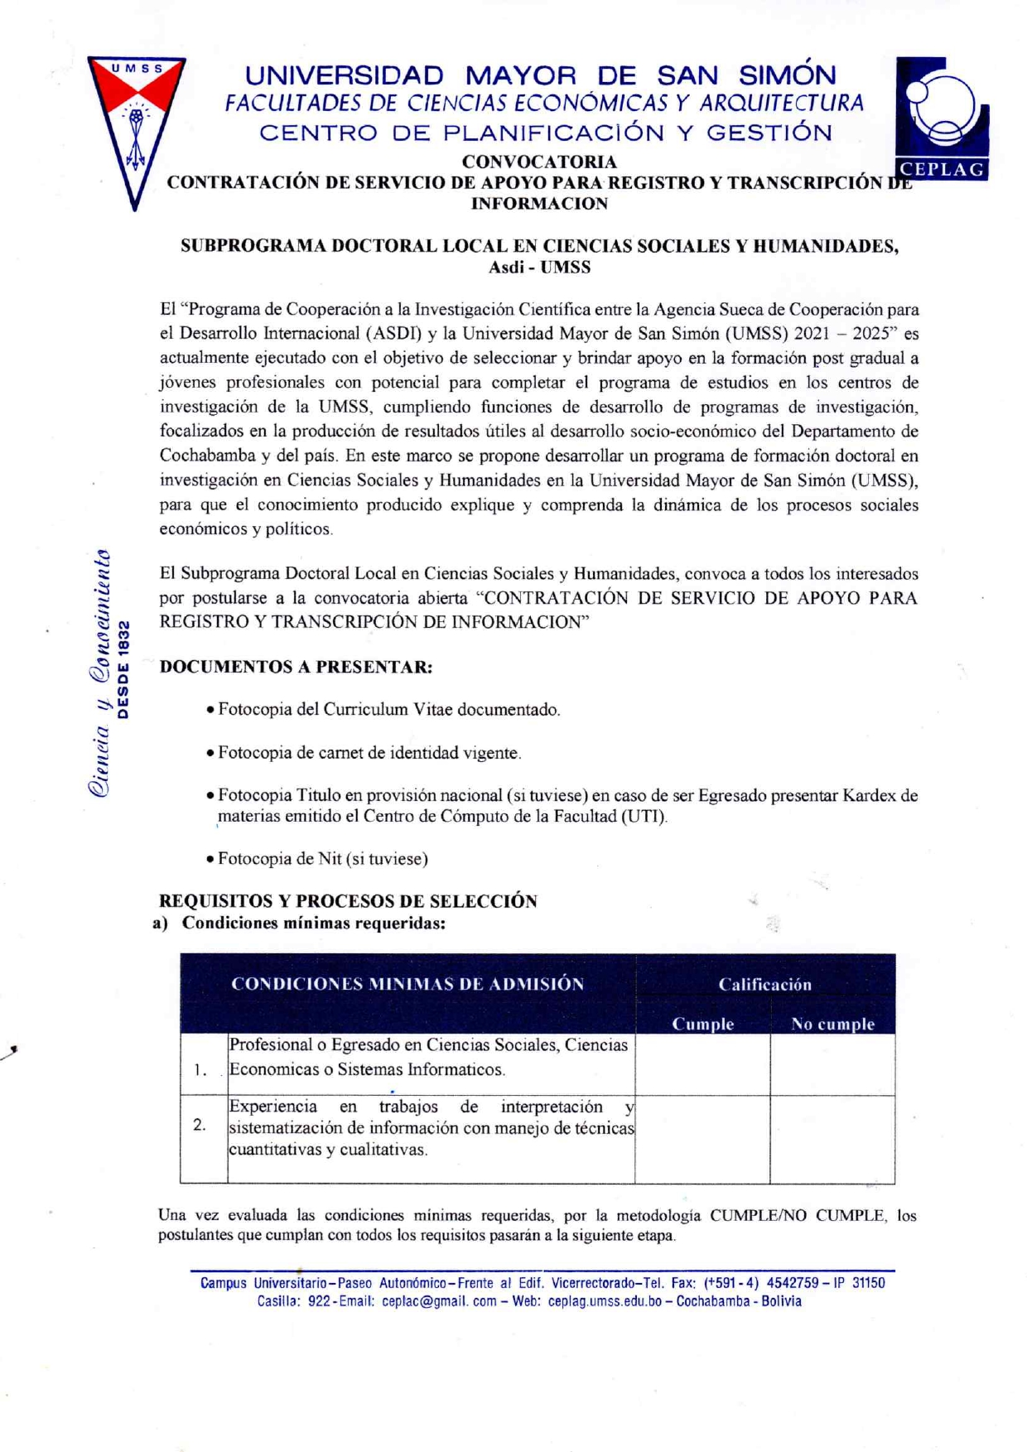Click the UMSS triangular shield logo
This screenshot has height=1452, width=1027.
coord(137,124)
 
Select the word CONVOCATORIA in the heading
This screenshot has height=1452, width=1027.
coord(539,162)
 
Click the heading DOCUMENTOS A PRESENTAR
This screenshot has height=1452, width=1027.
coord(296,667)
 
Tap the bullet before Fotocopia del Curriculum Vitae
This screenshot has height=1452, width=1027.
coord(211,710)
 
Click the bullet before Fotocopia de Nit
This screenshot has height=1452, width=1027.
coord(211,859)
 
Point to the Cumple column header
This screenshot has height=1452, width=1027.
coord(702,1024)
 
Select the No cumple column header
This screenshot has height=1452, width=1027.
coord(832,1024)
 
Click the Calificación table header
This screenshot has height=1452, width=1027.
coord(764,984)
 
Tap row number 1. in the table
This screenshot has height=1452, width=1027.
coord(200,1069)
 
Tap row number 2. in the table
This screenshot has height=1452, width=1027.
coord(200,1125)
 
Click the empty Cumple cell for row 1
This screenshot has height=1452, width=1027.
coord(702,1064)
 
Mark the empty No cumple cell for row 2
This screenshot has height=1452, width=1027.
coord(832,1139)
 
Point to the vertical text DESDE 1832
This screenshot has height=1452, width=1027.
coord(124,669)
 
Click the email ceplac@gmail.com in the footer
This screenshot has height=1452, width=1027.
coord(439,1301)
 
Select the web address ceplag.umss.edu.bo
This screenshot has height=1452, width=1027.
coord(605,1301)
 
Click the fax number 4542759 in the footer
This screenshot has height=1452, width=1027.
coord(793,1283)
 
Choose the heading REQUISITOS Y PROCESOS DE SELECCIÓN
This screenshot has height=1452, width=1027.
coord(348,901)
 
